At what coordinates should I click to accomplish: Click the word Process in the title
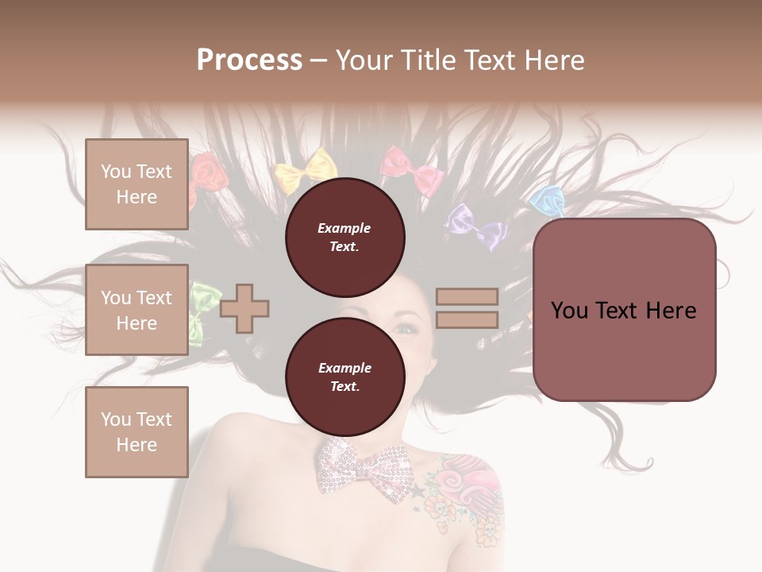(x=249, y=60)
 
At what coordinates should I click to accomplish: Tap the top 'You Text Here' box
(x=137, y=184)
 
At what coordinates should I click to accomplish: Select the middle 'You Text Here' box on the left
(x=137, y=310)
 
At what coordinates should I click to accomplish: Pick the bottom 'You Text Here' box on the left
(x=137, y=431)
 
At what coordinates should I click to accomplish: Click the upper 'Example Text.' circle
(x=344, y=237)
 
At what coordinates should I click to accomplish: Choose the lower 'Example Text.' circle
(x=344, y=377)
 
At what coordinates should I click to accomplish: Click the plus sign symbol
(x=244, y=307)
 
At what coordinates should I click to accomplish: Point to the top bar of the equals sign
(x=467, y=296)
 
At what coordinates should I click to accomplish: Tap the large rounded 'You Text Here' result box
(x=624, y=310)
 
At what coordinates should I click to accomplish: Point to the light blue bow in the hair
(x=547, y=200)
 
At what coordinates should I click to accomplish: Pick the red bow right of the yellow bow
(x=411, y=170)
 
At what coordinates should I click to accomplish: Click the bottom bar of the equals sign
(x=467, y=319)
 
